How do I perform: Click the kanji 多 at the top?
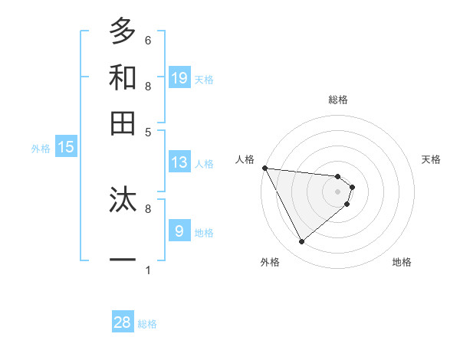point(123,31)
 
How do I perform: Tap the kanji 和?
point(123,77)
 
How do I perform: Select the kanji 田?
point(123,123)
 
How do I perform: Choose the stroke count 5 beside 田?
point(148,132)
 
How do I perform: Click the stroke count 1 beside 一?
point(148,270)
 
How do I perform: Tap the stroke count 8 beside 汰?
point(148,208)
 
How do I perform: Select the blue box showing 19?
point(179,77)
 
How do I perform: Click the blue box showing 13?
point(179,162)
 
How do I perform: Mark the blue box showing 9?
point(179,231)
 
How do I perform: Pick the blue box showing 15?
point(66,148)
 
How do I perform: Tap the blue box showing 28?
point(123,322)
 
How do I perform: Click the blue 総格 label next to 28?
point(147,324)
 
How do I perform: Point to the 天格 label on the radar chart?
point(431,159)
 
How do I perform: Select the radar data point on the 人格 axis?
point(264,168)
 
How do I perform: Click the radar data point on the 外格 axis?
point(301,242)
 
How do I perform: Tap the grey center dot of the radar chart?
point(337,191)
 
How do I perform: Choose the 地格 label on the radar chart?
point(402,262)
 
